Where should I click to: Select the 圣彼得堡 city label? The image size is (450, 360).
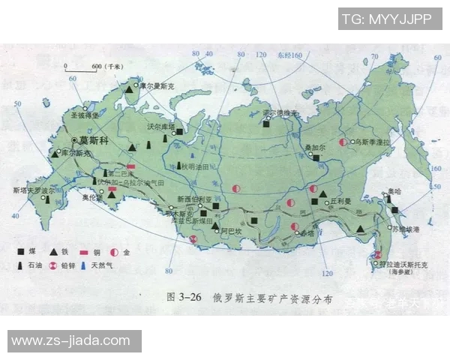84,117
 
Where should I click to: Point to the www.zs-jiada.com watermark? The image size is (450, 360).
70,341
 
